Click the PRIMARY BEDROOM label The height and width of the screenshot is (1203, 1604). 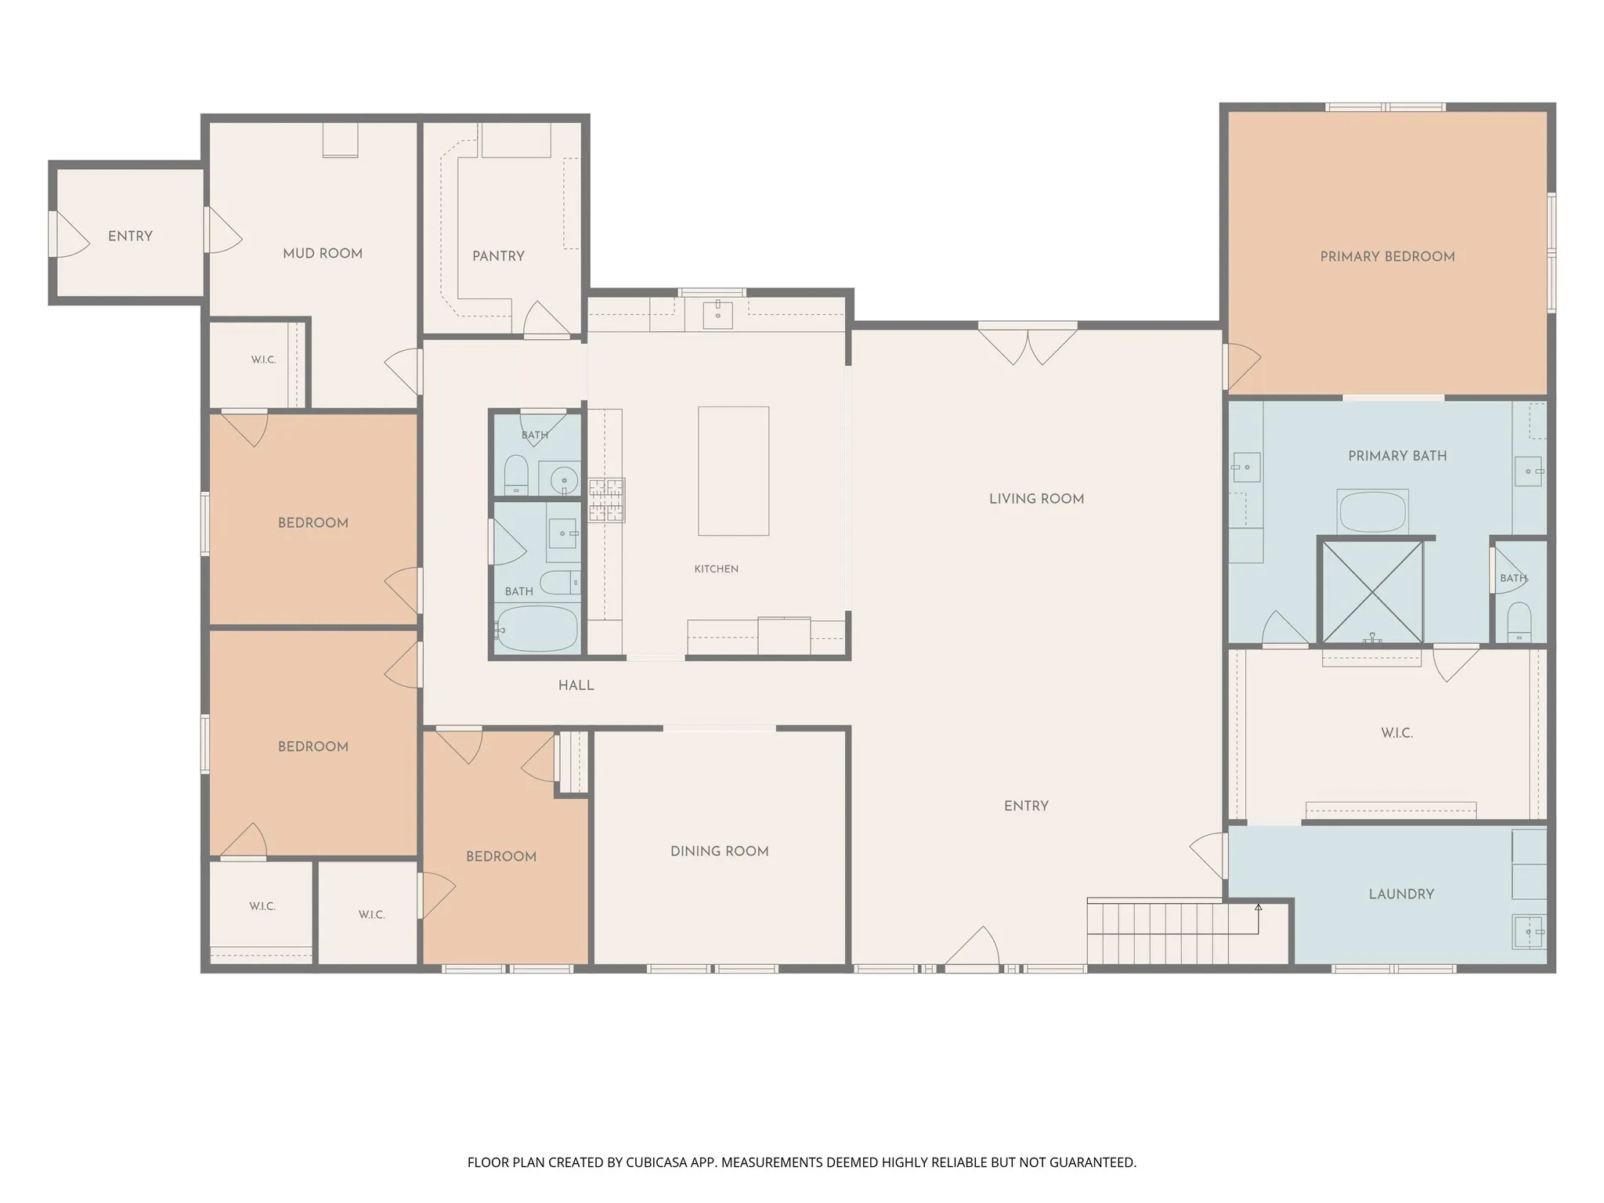click(x=1387, y=256)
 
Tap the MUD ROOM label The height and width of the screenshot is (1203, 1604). click(x=323, y=253)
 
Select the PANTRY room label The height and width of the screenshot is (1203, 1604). click(x=498, y=255)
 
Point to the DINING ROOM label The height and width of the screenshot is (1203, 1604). click(x=719, y=851)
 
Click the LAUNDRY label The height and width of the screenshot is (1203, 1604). click(x=1401, y=894)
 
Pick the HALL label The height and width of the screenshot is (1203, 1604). click(x=576, y=685)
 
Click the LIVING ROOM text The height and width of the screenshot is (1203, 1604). click(x=1036, y=498)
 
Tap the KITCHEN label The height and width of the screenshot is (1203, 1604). click(x=716, y=569)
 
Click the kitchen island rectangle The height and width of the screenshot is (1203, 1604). click(x=733, y=471)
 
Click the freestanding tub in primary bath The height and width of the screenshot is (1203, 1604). click(x=1372, y=511)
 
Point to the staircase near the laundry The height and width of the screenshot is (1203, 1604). click(x=1172, y=932)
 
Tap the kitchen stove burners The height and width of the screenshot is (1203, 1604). click(x=607, y=500)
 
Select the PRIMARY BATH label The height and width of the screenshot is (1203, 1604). click(x=1397, y=455)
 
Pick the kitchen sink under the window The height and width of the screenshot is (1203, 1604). click(x=717, y=313)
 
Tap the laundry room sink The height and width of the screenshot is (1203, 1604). click(x=1528, y=932)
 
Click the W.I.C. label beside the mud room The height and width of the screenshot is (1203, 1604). click(x=263, y=359)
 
